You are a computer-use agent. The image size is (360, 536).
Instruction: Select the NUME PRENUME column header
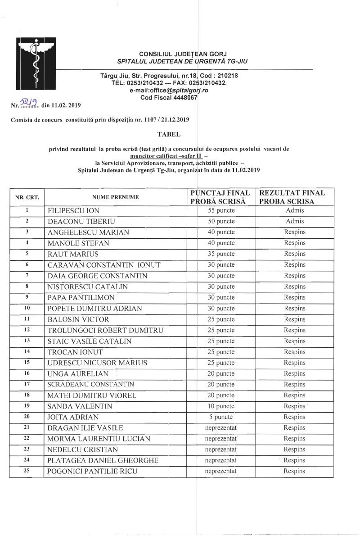116,197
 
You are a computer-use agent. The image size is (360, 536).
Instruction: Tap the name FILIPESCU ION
74,211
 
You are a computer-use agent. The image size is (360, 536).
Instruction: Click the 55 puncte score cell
222,210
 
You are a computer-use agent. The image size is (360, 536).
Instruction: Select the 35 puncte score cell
222,254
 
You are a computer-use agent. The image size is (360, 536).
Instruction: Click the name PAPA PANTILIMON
81,298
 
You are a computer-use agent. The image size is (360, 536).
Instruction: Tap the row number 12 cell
27,330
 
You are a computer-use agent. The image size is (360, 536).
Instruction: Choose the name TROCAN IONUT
75,352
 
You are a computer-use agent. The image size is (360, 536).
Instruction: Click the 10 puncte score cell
222,406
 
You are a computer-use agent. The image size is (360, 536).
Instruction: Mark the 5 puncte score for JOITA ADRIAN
222,417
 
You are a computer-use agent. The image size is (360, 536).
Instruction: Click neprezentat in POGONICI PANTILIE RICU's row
221,471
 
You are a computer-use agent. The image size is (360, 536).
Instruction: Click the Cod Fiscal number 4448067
181,98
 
